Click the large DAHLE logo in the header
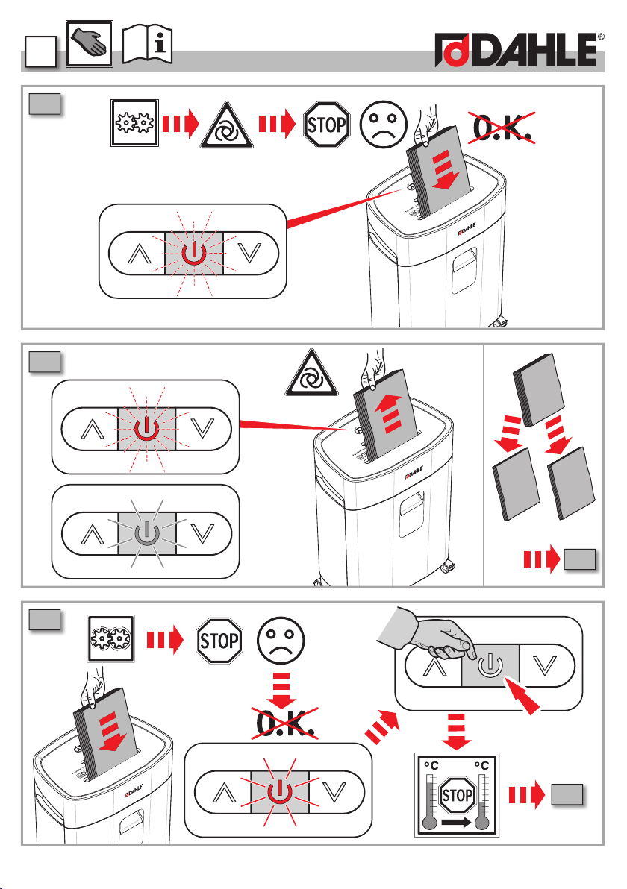click(517, 50)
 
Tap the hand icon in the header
click(90, 44)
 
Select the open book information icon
click(148, 43)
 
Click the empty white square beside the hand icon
click(41, 52)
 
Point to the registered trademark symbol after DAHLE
click(601, 37)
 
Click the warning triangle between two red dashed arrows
click(227, 125)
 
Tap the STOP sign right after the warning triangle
click(326, 125)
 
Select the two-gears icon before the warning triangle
click(134, 123)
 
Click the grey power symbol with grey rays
click(146, 533)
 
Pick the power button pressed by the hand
click(490, 665)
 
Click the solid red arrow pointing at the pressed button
click(522, 696)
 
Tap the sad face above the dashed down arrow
click(281, 640)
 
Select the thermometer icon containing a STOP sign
click(457, 795)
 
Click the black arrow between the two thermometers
click(456, 822)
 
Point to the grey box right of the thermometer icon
click(567, 794)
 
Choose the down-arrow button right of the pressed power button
click(546, 665)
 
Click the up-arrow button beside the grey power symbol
click(91, 533)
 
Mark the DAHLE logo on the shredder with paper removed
click(415, 472)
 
